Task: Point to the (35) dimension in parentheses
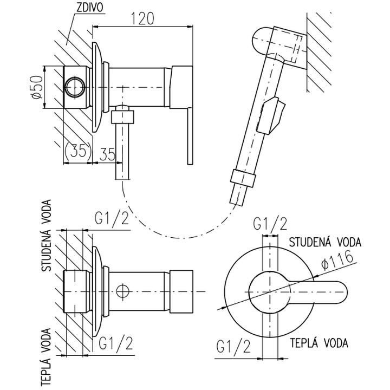click(x=77, y=152)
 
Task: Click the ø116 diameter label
click(x=337, y=260)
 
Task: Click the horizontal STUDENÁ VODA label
click(x=324, y=242)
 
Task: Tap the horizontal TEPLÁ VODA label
click(x=318, y=343)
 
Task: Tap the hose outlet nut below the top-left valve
click(x=124, y=116)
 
